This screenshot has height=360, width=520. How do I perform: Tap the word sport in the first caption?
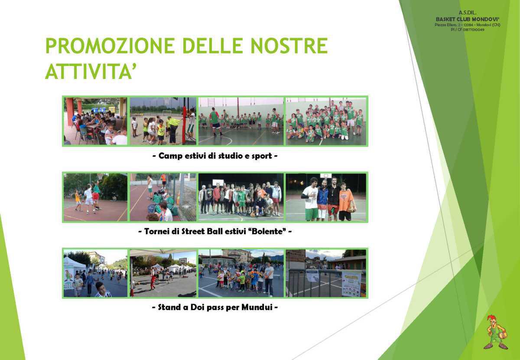[259, 156]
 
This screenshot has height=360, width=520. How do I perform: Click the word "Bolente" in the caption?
[272, 232]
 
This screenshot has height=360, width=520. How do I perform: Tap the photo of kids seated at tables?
[95, 121]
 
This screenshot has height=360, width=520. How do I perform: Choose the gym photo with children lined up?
[241, 121]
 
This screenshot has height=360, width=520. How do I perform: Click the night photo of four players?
[326, 197]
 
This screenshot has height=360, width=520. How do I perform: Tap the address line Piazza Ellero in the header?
[467, 25]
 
